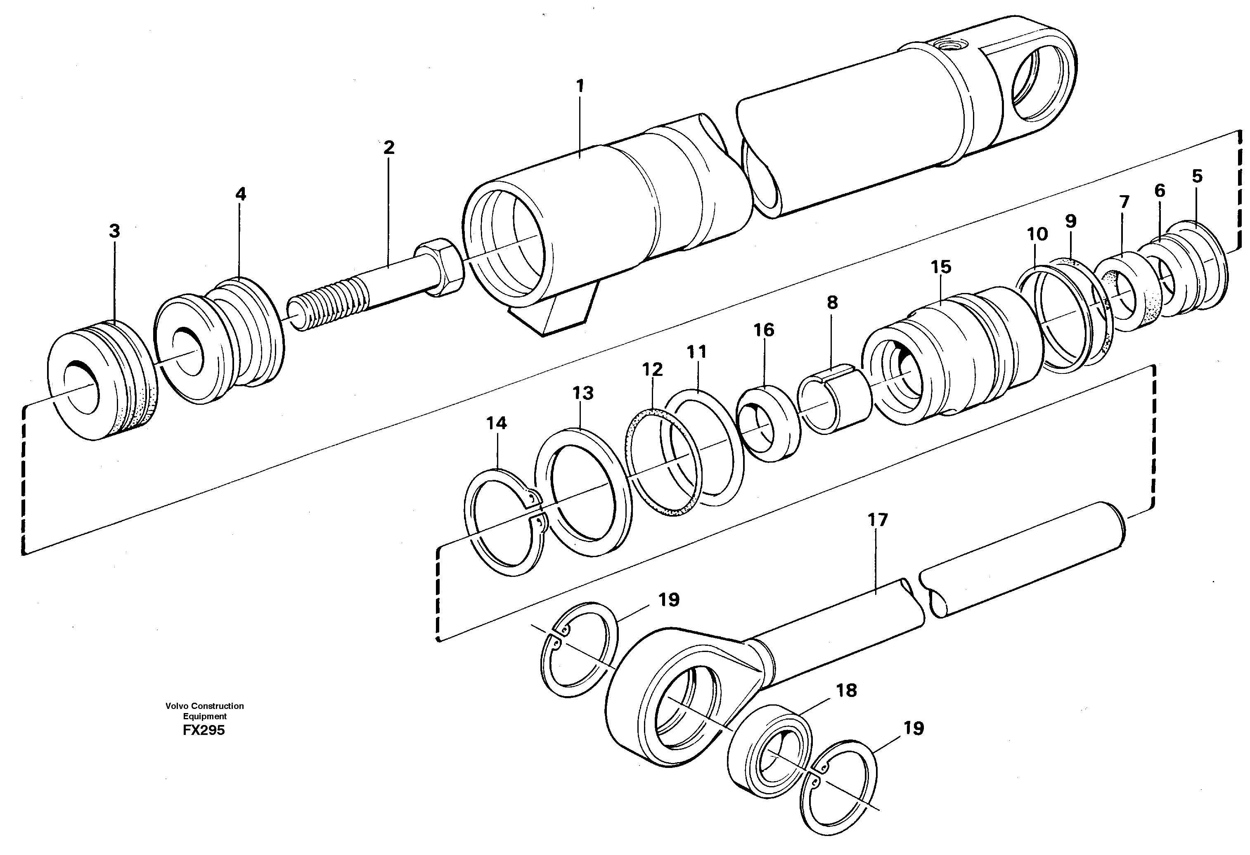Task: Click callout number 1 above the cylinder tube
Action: (x=580, y=86)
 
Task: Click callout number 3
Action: (x=114, y=231)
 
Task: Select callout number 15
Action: (x=941, y=267)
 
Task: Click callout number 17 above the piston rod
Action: (x=878, y=520)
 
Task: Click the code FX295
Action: (x=204, y=730)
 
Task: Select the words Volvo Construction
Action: (x=204, y=706)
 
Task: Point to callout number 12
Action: (x=652, y=369)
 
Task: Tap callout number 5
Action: (x=1197, y=176)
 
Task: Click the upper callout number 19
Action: (x=669, y=600)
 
